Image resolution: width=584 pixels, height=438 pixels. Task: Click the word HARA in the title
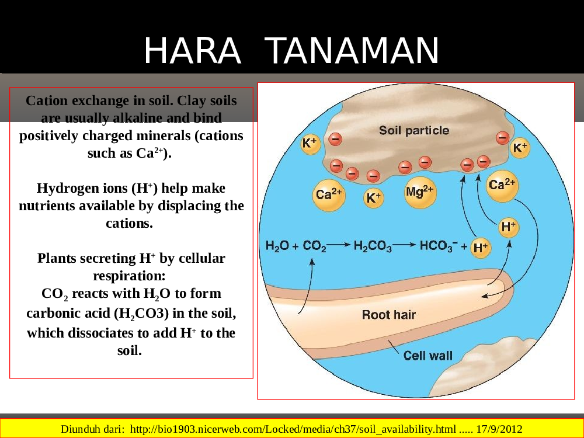pyautogui.click(x=192, y=51)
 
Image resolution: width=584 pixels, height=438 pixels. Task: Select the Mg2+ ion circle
pyautogui.click(x=420, y=193)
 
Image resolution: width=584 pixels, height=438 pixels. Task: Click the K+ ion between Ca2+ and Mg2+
pyautogui.click(x=374, y=198)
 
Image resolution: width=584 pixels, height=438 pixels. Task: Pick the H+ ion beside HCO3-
pyautogui.click(x=481, y=247)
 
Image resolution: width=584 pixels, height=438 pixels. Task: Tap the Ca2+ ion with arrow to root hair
pyautogui.click(x=502, y=186)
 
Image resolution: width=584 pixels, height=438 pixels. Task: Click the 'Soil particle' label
pyautogui.click(x=414, y=130)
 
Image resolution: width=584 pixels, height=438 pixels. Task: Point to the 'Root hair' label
pyautogui.click(x=388, y=315)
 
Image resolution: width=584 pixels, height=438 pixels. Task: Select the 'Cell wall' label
pyautogui.click(x=428, y=356)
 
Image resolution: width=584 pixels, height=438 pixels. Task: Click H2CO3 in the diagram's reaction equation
pyautogui.click(x=373, y=246)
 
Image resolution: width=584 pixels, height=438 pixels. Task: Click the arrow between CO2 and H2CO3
pyautogui.click(x=339, y=245)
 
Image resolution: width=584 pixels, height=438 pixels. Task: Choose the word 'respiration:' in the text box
pyautogui.click(x=129, y=276)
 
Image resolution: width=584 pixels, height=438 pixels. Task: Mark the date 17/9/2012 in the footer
pyautogui.click(x=499, y=429)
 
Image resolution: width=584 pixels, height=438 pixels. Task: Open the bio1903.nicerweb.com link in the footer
pyautogui.click(x=293, y=429)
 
